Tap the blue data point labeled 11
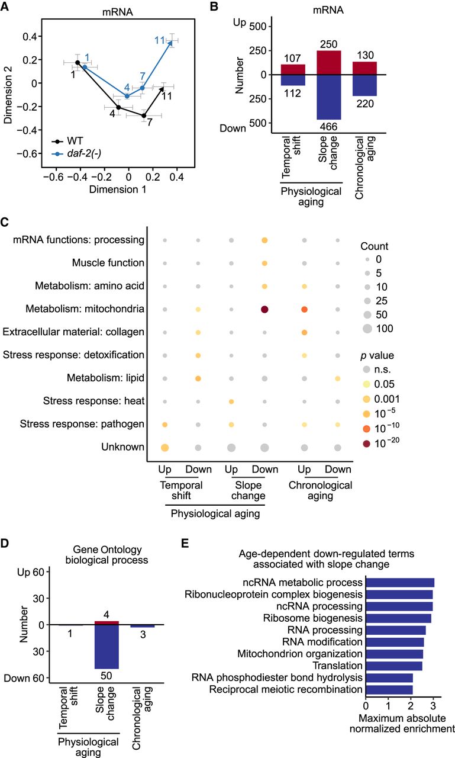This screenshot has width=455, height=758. (x=171, y=41)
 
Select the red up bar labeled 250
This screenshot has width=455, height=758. (x=328, y=62)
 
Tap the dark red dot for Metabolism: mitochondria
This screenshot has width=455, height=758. (x=264, y=309)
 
